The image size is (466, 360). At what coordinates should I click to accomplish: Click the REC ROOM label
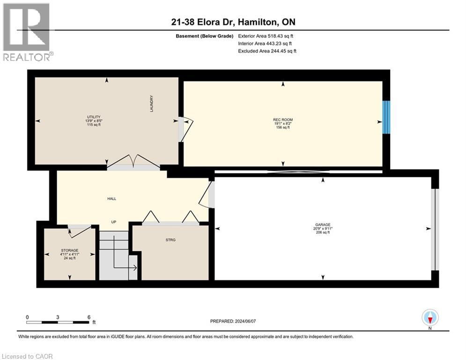click(x=283, y=120)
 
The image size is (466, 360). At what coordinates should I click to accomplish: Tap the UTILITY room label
click(x=94, y=117)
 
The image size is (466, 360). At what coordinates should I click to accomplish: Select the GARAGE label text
click(x=323, y=225)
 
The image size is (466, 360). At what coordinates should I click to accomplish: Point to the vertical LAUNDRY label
click(x=152, y=104)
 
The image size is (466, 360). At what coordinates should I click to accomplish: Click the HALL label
click(x=112, y=198)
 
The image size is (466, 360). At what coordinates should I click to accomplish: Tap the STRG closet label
click(x=170, y=240)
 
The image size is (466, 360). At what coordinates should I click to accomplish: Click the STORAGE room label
click(x=70, y=250)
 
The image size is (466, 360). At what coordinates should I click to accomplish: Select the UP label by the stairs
click(x=113, y=222)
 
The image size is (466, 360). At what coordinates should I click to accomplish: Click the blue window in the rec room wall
click(x=386, y=117)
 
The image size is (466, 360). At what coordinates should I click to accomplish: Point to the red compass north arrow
click(x=430, y=320)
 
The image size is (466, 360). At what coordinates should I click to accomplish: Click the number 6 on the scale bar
click(x=89, y=317)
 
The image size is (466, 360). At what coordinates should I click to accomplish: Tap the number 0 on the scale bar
click(x=27, y=317)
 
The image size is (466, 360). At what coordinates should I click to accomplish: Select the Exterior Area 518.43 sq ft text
click(x=266, y=36)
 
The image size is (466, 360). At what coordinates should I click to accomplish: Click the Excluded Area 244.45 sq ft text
click(x=267, y=51)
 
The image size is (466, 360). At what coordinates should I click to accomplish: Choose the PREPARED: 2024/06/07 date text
click(x=233, y=321)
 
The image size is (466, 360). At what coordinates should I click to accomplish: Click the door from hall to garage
click(x=207, y=195)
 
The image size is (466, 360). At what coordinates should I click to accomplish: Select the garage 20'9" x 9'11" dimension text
click(x=323, y=228)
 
